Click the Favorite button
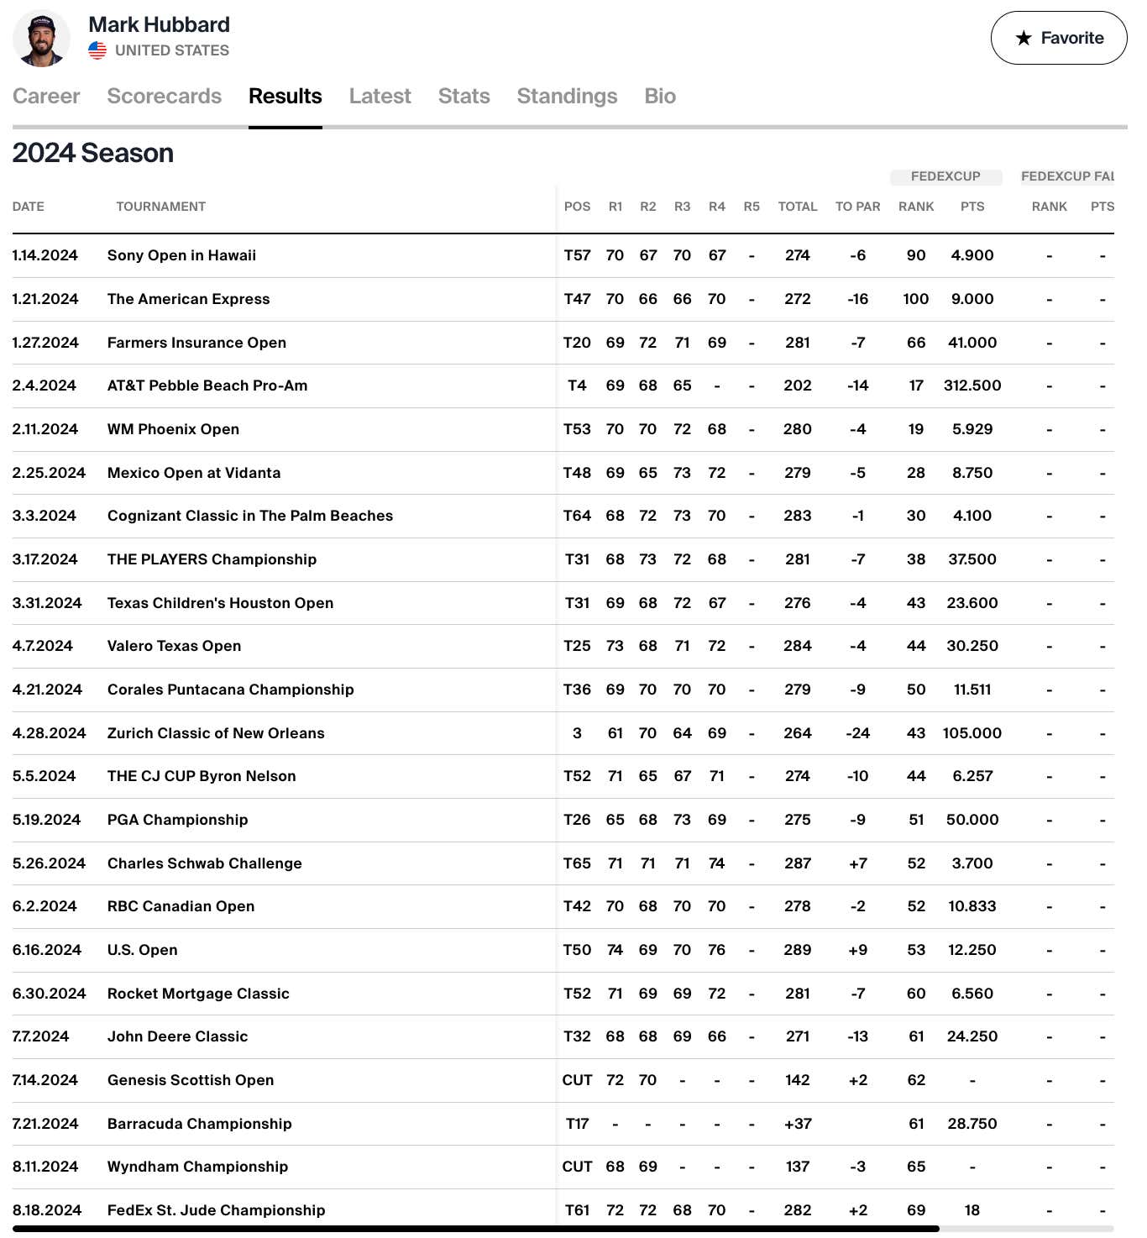1059,38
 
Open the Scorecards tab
164,97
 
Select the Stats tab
464,97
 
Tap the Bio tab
660,97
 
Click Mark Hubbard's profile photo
42,39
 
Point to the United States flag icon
97,50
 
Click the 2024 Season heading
93,154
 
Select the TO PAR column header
857,207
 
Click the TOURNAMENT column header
160,207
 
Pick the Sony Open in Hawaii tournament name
181,255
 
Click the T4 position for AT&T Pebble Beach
577,386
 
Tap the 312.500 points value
972,386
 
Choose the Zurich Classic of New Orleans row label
216,733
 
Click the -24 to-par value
857,733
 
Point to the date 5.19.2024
46,820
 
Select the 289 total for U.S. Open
797,950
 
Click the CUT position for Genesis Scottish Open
577,1080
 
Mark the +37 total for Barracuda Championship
797,1124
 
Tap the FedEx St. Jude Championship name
216,1210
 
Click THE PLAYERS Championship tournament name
212,559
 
